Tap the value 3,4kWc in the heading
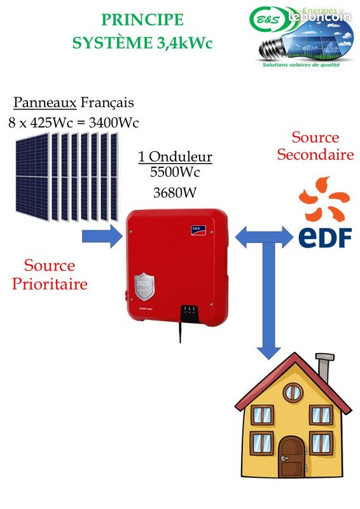(x=180, y=43)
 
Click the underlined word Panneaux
(x=45, y=102)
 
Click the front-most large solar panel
(x=31, y=176)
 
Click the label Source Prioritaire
(x=50, y=274)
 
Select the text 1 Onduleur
(x=175, y=157)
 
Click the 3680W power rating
(x=175, y=193)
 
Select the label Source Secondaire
(x=315, y=146)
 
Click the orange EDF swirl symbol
(x=325, y=199)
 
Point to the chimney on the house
(x=324, y=372)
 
